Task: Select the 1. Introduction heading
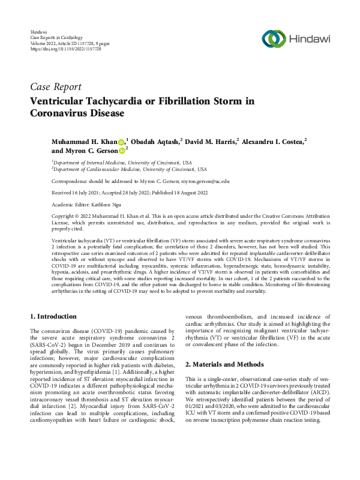coord(53,316)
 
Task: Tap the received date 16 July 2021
coord(77,193)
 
